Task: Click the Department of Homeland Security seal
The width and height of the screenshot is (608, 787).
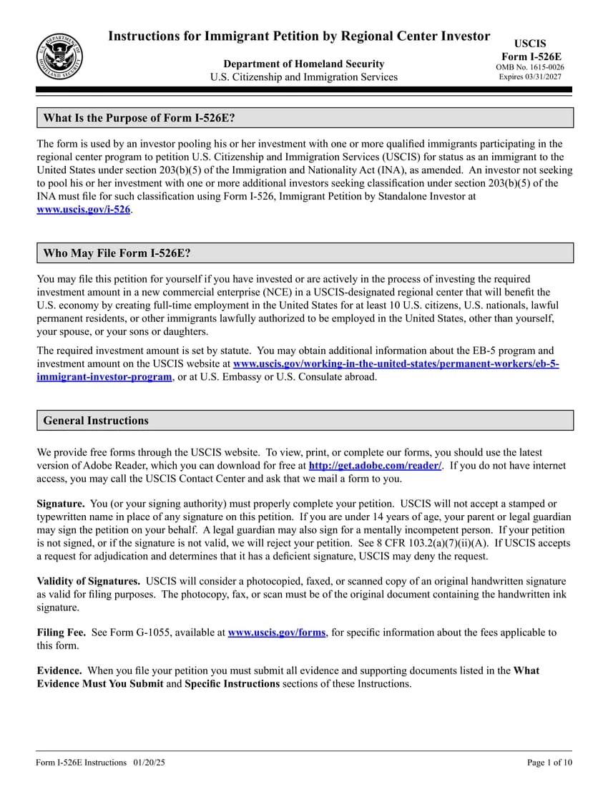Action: point(59,57)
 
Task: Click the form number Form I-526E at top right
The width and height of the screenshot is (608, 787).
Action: point(530,57)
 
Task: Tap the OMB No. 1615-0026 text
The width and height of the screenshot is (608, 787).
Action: point(530,67)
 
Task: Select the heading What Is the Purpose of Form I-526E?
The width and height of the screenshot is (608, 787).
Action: point(139,118)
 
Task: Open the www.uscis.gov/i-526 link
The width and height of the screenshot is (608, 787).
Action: point(84,209)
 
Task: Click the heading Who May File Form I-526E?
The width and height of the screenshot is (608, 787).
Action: point(117,253)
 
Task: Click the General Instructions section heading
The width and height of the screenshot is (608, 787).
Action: point(96,421)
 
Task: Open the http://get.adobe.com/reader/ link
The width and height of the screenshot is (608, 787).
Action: point(375,466)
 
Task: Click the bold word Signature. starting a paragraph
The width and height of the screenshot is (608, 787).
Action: point(61,504)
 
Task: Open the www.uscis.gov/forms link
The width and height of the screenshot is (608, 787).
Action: point(276,632)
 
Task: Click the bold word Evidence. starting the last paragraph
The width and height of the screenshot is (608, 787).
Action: point(59,671)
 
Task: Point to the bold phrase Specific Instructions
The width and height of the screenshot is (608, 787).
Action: point(232,684)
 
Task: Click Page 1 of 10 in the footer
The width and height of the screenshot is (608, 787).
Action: point(549,763)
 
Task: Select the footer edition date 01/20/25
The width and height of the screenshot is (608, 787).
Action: point(149,763)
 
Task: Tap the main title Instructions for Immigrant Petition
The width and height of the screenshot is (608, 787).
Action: point(299,36)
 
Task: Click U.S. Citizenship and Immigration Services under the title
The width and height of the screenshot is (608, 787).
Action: point(303,77)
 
